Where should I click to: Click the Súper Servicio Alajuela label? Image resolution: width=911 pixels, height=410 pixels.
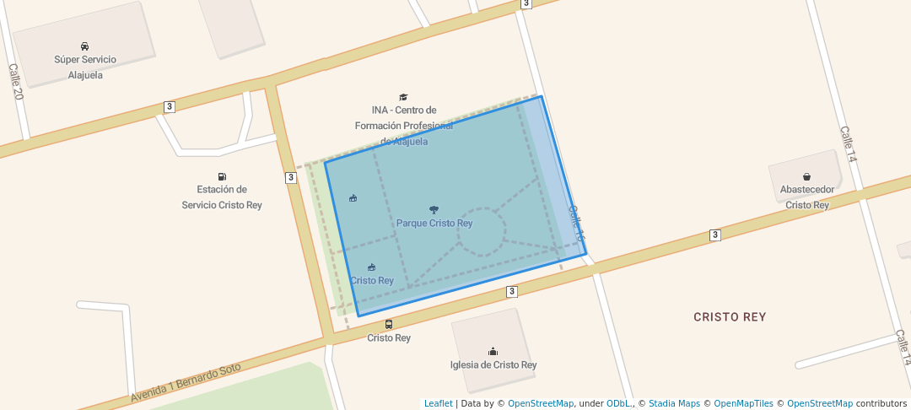85,67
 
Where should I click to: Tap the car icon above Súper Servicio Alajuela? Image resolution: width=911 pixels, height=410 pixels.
85,46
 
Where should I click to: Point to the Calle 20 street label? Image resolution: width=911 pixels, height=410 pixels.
14,82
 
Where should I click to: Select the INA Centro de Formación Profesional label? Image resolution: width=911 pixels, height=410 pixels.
404,126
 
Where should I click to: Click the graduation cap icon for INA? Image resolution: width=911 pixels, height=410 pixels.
403,97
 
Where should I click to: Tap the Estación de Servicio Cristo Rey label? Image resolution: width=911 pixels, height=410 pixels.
222,197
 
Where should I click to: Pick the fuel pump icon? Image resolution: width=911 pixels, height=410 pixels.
222,176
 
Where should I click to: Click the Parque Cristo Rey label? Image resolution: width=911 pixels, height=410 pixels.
434,224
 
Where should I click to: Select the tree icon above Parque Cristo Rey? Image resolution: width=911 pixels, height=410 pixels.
434,209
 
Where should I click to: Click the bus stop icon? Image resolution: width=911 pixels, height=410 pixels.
389,324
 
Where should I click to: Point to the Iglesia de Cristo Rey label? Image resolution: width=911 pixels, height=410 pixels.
493,365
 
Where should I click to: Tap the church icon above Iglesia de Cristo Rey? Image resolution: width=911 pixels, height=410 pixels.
493,351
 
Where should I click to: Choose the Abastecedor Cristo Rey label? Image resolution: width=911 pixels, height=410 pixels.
807,197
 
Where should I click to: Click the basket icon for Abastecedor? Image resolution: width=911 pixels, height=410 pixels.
807,177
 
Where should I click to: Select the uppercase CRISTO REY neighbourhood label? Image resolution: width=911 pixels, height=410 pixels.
730,317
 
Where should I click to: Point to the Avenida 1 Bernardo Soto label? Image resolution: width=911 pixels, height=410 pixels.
186,382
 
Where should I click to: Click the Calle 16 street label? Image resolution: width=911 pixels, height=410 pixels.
576,224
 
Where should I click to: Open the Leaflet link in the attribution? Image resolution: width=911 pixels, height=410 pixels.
438,404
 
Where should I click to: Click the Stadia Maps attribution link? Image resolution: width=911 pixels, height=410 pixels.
674,404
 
